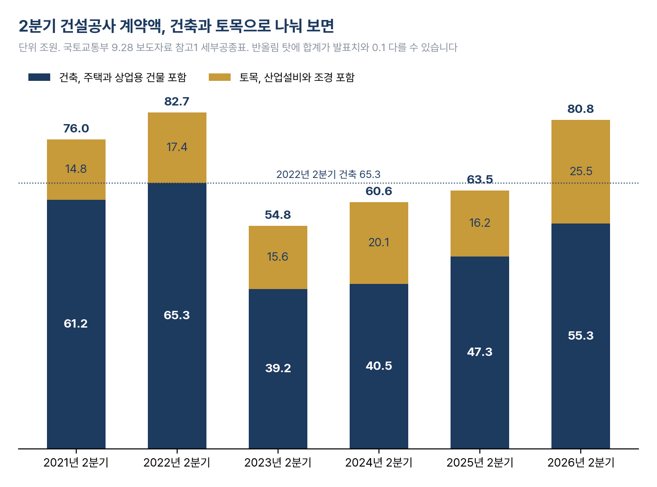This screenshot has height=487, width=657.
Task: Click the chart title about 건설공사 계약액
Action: [176, 26]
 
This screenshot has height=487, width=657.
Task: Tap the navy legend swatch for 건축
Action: [39, 77]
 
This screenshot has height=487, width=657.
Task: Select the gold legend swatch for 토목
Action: [219, 77]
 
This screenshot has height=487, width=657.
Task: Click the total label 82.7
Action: [177, 102]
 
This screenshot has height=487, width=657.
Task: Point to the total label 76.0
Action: [76, 128]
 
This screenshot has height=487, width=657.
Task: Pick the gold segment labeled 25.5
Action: [581, 172]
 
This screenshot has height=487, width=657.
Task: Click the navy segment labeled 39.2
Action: [278, 369]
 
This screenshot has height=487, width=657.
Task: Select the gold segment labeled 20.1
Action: [379, 243]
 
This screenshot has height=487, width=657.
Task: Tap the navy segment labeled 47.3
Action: [480, 352]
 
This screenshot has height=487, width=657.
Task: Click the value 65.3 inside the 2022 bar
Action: [177, 315]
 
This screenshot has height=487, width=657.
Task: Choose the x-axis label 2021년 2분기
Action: [76, 462]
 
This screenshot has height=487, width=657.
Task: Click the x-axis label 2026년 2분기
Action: [581, 462]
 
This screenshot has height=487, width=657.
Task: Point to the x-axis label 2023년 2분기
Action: [278, 462]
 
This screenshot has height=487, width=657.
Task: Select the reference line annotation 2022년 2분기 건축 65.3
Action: [328, 174]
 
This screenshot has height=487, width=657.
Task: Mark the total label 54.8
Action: [278, 215]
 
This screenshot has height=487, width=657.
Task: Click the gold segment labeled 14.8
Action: [76, 170]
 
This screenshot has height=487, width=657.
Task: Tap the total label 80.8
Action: [581, 109]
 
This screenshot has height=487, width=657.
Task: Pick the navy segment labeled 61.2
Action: [76, 324]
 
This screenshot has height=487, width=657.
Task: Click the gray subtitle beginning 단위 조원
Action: [238, 47]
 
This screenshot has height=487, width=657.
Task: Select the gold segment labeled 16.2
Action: [480, 224]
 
